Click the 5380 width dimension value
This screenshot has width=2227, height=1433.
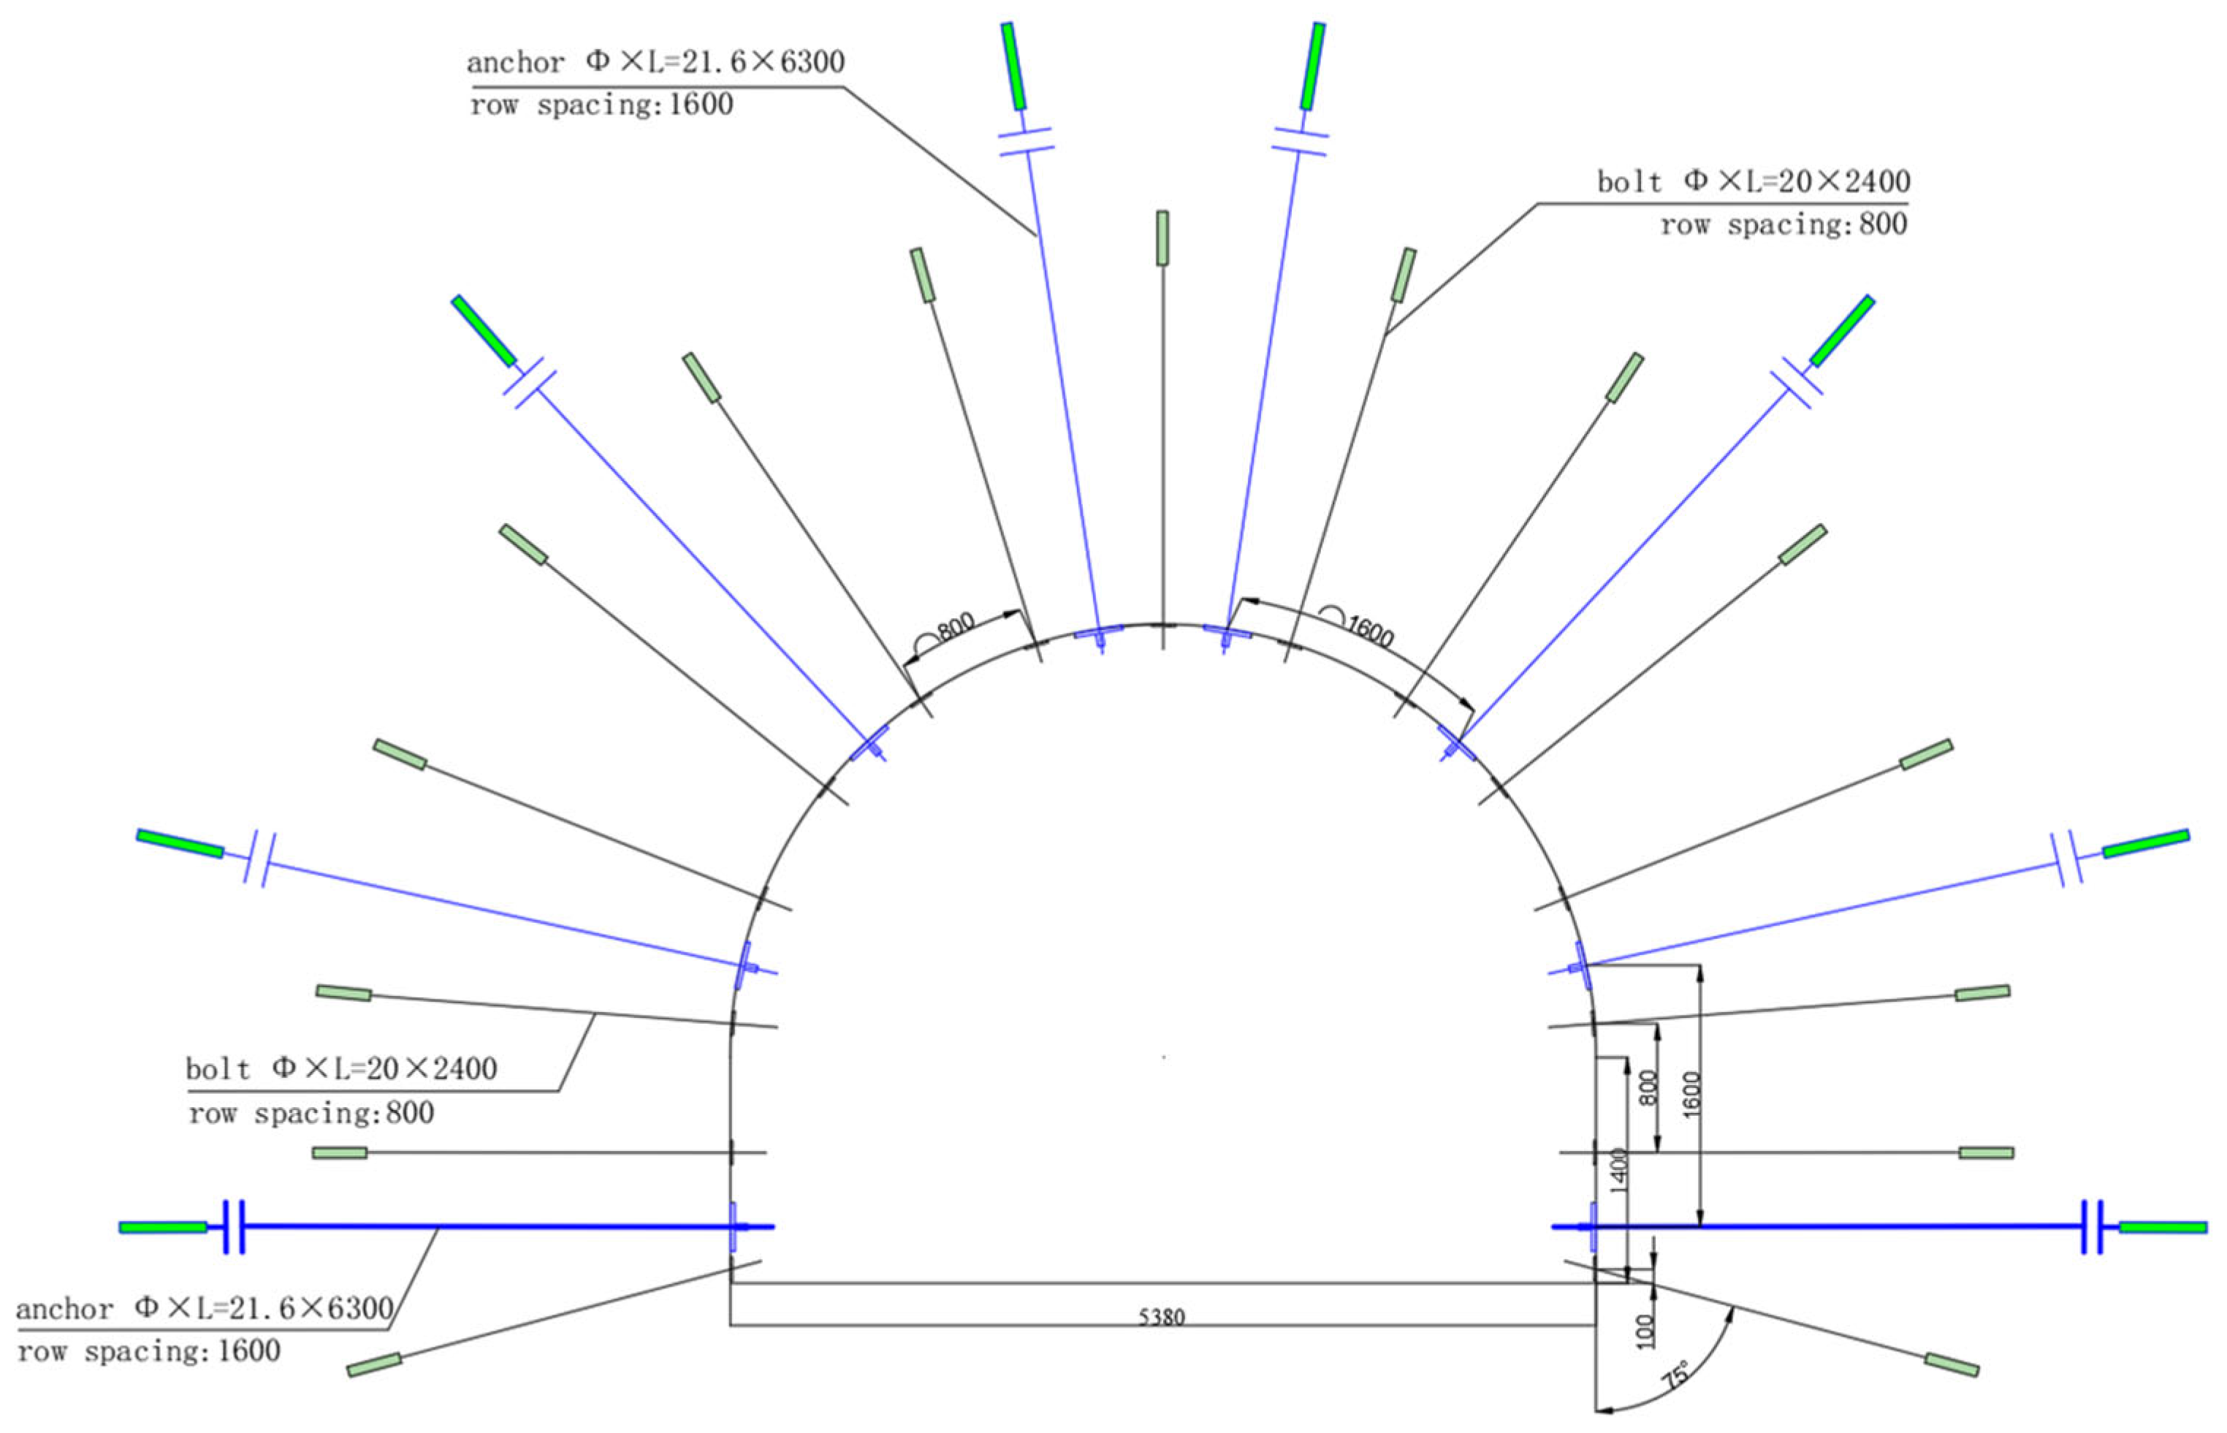[x=1161, y=1317]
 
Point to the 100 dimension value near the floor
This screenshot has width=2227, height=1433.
[x=1645, y=1331]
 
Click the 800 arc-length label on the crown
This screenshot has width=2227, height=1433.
[x=956, y=626]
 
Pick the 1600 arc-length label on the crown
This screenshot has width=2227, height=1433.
[x=1369, y=632]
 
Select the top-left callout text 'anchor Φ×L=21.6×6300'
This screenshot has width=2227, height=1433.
[x=655, y=62]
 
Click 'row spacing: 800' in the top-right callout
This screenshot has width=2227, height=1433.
[x=1783, y=224]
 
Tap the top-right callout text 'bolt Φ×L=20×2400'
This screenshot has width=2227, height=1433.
[x=1753, y=180]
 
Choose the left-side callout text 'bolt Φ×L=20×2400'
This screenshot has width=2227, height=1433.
[x=341, y=1068]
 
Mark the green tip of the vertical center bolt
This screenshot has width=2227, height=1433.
[x=1162, y=238]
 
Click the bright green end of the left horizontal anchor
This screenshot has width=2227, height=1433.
[x=163, y=1228]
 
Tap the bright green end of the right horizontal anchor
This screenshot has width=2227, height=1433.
[x=2163, y=1228]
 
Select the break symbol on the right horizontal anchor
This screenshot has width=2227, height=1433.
[x=2092, y=1228]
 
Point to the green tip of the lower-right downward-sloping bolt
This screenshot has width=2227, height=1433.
[x=1952, y=1365]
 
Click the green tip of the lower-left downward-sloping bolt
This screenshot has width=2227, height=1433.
[x=374, y=1365]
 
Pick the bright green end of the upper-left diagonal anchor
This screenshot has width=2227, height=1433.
[x=483, y=330]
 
